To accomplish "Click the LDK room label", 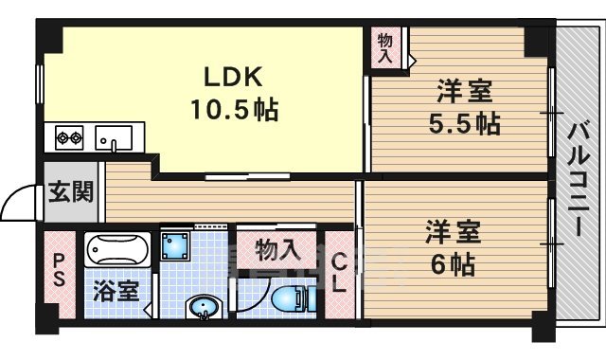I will (227, 76).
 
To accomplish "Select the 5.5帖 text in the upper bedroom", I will (463, 124).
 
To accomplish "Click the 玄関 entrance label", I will (70, 193).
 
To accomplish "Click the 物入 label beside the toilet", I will (277, 251).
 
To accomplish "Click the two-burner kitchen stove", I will (69, 137).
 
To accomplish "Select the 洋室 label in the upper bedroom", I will (463, 94).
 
